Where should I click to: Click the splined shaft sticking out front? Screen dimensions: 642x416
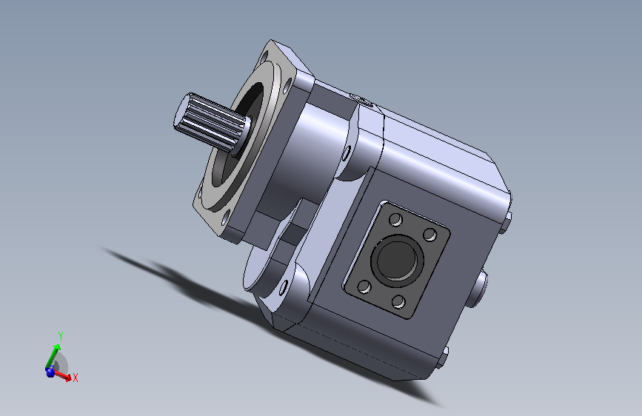[211, 122]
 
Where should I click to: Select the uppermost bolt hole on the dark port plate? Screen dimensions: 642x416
[395, 220]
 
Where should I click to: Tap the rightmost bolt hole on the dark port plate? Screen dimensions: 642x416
[430, 235]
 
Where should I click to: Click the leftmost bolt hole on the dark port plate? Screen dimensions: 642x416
[364, 286]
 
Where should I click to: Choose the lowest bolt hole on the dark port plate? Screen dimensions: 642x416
[398, 302]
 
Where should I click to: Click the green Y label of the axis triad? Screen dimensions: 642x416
[61, 336]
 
